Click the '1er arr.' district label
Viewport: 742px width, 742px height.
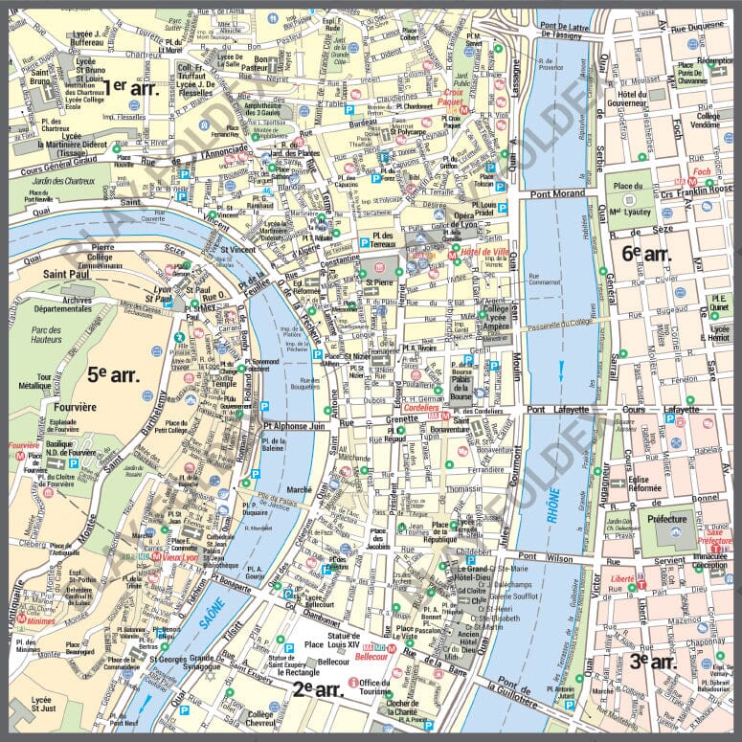point(129,86)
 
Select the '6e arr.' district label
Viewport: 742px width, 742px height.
point(645,253)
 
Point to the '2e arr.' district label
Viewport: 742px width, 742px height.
point(318,687)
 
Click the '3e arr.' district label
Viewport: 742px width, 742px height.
point(653,660)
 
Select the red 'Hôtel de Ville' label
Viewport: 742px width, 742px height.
point(483,252)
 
